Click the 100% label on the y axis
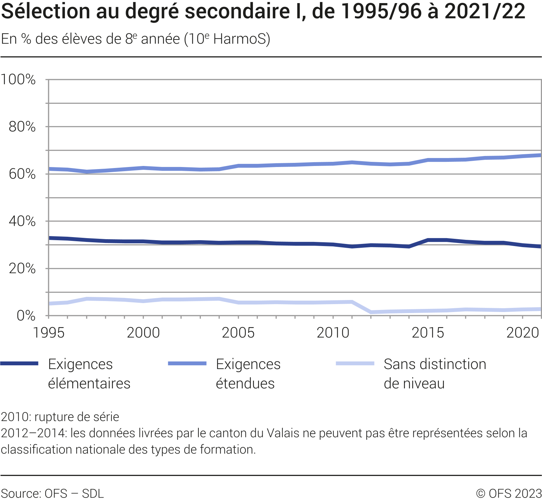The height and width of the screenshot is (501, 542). click(18, 79)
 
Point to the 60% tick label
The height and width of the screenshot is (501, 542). click(22, 174)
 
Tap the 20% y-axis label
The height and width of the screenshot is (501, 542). click(22, 268)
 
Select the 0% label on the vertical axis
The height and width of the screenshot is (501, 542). click(26, 315)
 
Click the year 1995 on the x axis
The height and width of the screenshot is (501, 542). click(48, 333)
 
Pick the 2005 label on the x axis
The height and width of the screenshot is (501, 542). click(238, 333)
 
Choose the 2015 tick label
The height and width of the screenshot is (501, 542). click(428, 333)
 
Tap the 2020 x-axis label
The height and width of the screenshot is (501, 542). click(522, 333)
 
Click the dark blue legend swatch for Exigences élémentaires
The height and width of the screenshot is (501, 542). click(19, 364)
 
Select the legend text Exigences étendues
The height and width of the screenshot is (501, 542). click(248, 374)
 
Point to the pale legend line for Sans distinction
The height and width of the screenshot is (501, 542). click(355, 364)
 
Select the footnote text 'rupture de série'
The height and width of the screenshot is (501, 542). click(77, 417)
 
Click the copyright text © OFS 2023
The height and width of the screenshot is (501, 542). click(509, 493)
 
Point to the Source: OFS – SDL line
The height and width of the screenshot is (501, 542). click(52, 493)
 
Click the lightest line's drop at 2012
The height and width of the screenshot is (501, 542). click(371, 312)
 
